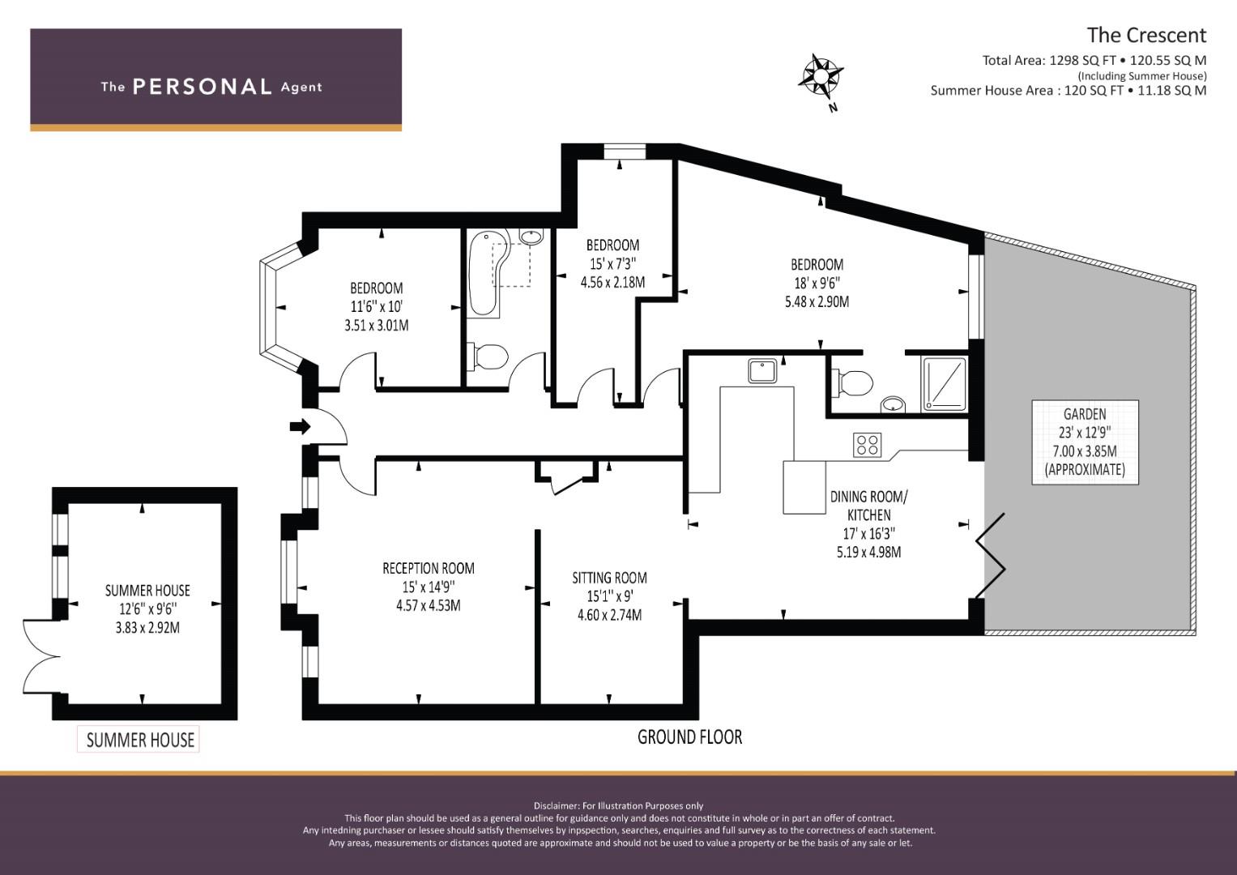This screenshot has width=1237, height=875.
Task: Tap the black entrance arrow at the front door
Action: [x=301, y=426]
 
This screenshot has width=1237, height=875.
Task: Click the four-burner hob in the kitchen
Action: [x=867, y=446]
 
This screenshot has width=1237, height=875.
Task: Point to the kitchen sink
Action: [x=762, y=371]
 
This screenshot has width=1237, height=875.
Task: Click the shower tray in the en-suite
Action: [x=945, y=385]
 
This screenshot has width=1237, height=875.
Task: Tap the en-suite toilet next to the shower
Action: [x=853, y=382]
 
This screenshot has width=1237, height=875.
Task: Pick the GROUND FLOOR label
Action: [x=689, y=737]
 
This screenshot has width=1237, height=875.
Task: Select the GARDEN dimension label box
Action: [x=1086, y=442]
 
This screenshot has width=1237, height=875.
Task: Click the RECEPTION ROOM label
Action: [x=429, y=568]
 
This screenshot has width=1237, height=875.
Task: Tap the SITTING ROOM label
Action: [x=610, y=578]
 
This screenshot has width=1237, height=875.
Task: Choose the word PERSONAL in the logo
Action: [x=203, y=87]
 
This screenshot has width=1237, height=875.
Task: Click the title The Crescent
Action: [x=1146, y=36]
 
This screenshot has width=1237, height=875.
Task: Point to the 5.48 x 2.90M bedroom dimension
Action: [x=817, y=301]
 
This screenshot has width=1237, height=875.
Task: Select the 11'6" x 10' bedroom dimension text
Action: [x=377, y=306]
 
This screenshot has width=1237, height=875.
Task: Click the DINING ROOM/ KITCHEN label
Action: [x=869, y=506]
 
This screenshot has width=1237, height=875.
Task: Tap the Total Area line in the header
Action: [x=1094, y=61]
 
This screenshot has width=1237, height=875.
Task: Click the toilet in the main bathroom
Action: [x=488, y=356]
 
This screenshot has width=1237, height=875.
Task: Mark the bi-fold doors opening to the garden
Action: [x=992, y=555]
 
